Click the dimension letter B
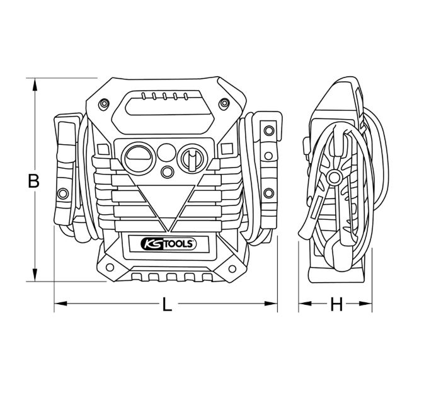(34, 181)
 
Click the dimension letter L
(166, 305)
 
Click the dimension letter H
(336, 305)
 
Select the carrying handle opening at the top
(166, 104)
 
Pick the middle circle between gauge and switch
(166, 152)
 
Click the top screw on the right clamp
(269, 130)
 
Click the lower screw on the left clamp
(63, 192)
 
